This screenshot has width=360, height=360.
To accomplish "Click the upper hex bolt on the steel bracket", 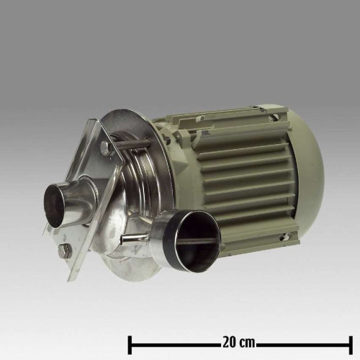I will coord(105,147).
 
